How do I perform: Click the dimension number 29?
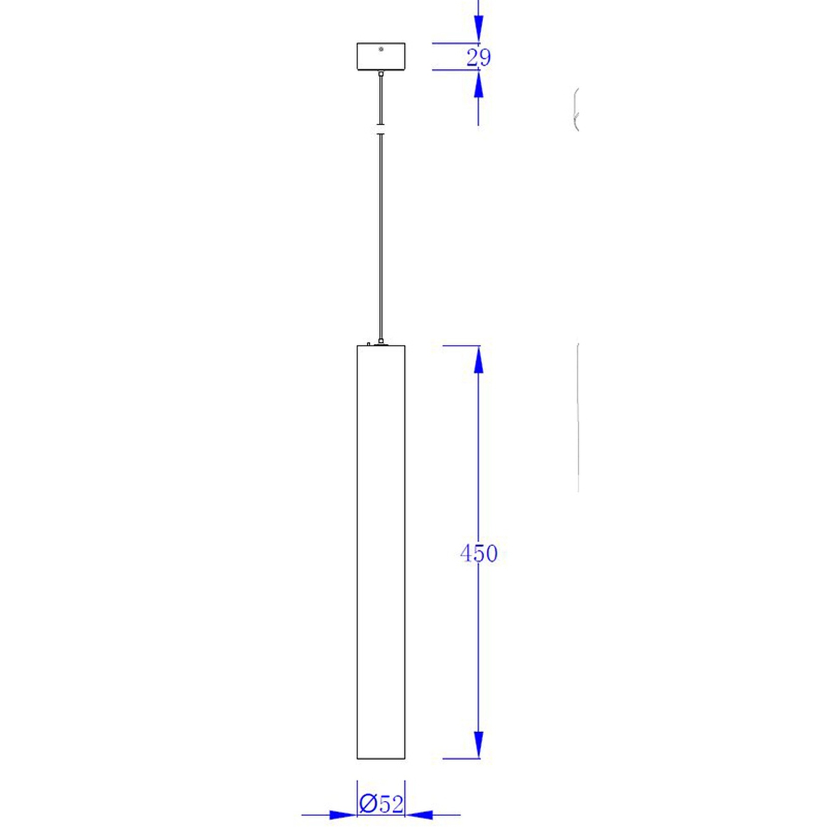pyautogui.click(x=479, y=58)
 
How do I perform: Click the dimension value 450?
pyautogui.click(x=479, y=553)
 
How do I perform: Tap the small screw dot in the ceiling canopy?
pyautogui.click(x=381, y=49)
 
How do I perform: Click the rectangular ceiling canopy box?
pyautogui.click(x=381, y=56)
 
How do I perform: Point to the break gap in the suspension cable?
pyautogui.click(x=381, y=129)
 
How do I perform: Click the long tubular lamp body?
pyautogui.click(x=381, y=551)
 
